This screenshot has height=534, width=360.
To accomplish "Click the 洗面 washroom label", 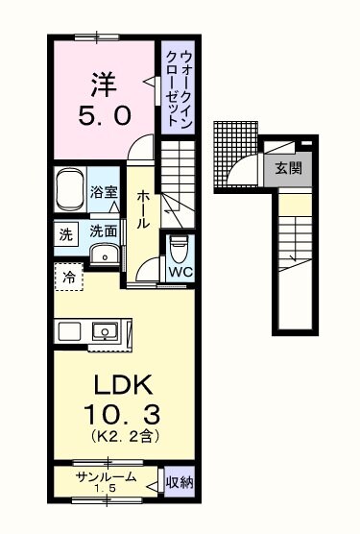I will [104, 231].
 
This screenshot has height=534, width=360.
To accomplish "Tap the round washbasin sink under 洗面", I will [104, 253].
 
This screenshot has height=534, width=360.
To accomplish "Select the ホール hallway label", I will [143, 208].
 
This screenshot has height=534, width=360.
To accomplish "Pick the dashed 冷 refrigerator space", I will [69, 277].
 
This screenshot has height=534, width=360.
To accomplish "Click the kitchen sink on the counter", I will [105, 332].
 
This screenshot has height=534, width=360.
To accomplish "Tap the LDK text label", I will [123, 387].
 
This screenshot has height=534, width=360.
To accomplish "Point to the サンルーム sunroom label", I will [106, 477].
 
